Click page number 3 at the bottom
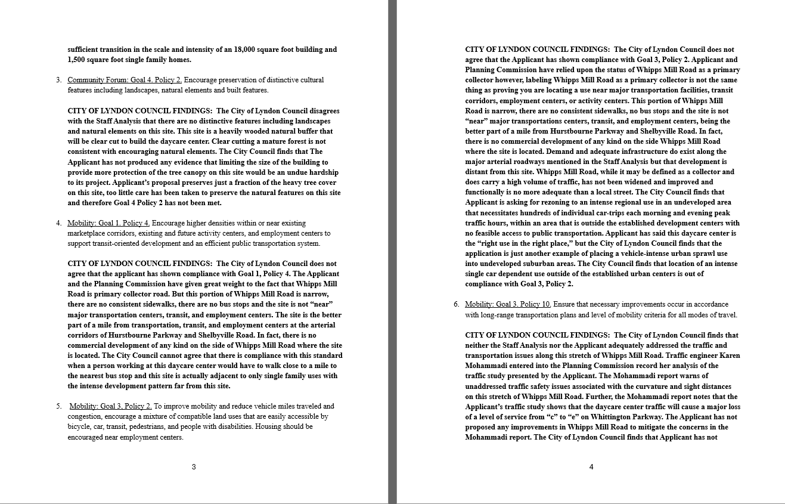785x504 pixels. [194, 467]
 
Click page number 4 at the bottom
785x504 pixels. [591, 467]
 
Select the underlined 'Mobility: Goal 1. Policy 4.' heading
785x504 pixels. [108, 223]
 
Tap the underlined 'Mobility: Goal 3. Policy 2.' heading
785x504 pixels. [111, 406]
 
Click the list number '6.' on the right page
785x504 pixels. [456, 305]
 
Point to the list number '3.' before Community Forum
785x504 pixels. [59, 80]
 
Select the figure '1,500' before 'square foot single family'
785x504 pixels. [77, 60]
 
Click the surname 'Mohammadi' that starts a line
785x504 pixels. [485, 366]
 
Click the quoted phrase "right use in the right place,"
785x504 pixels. [517, 243]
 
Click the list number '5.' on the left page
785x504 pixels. [59, 406]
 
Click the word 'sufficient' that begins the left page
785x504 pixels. [83, 50]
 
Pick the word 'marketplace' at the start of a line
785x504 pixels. [85, 233]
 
